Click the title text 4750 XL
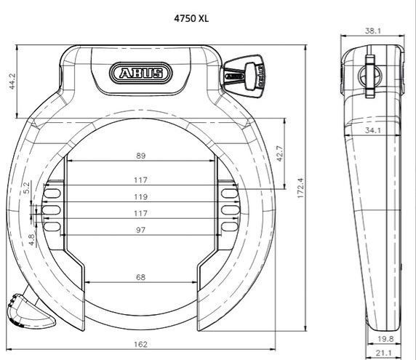[x=191, y=18]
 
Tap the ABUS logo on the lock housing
[x=140, y=73]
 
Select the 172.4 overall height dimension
[x=300, y=188]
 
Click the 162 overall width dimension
[x=140, y=344]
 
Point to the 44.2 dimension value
[x=12, y=81]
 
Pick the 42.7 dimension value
[x=280, y=153]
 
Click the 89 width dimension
[x=140, y=156]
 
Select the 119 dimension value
[x=140, y=197]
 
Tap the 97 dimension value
[x=140, y=230]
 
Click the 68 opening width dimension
[x=140, y=277]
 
